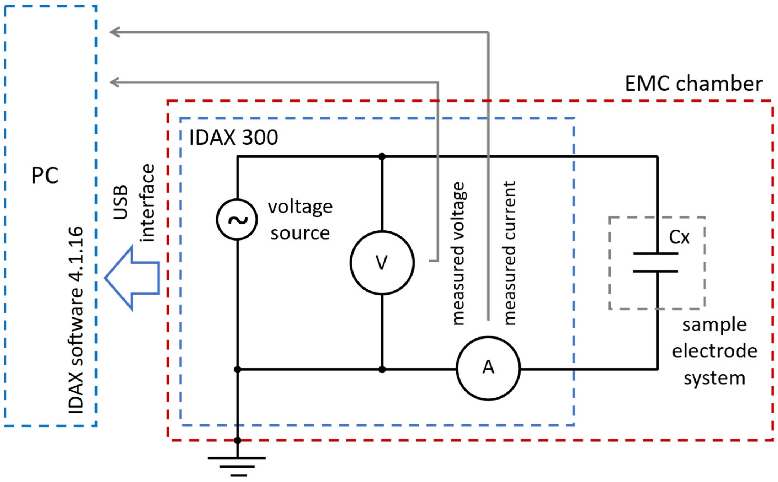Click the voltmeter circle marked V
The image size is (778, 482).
point(382,263)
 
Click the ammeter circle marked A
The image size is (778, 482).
point(488,368)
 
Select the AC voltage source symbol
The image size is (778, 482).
point(237,220)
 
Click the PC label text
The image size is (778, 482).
point(45,175)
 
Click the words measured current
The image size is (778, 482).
point(509,254)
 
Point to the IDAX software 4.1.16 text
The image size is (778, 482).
point(76,321)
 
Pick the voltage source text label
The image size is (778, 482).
point(300,220)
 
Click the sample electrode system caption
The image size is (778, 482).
point(715,352)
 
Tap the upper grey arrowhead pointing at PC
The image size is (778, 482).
point(114,32)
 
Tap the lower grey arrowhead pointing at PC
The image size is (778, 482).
point(114,82)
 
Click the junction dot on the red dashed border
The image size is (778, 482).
point(237,440)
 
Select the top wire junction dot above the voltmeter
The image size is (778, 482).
point(382,157)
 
